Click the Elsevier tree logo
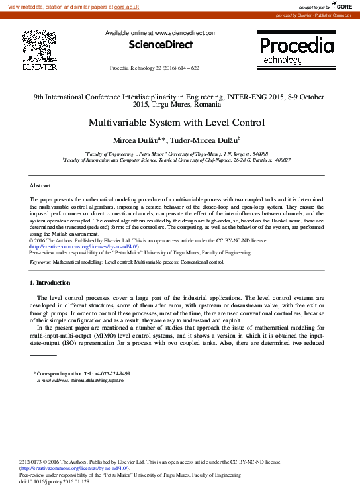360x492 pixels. click(39, 46)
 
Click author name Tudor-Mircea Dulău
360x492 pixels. click(206, 140)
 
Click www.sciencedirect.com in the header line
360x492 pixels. click(185, 32)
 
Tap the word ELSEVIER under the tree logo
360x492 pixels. click(39, 66)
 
